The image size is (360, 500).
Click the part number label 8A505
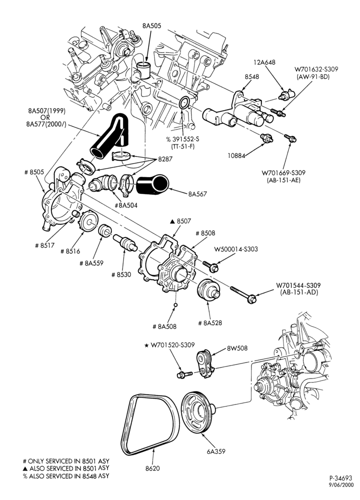(x=152, y=26)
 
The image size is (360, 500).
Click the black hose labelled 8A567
(x=152, y=184)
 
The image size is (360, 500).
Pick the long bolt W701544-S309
(x=243, y=294)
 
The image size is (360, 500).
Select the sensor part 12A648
(x=286, y=94)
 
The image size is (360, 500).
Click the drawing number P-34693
(x=341, y=478)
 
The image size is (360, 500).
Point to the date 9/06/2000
(x=341, y=484)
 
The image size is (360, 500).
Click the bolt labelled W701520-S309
(x=184, y=374)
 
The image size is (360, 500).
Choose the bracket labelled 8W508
(x=205, y=363)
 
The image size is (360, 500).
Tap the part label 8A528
(x=210, y=323)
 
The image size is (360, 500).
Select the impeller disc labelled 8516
(x=87, y=222)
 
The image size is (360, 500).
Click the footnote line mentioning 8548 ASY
(x=65, y=476)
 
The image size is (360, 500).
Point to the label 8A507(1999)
(x=46, y=111)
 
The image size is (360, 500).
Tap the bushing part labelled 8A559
(x=105, y=231)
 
